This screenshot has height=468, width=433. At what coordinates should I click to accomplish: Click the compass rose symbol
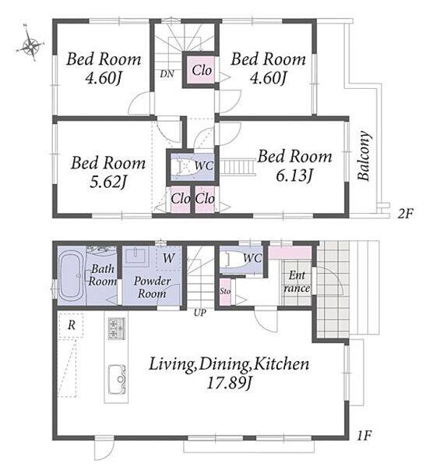30,46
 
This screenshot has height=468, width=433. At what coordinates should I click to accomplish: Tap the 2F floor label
406,214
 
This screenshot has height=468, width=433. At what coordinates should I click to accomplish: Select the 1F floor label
364,436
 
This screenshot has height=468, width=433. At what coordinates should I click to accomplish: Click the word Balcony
364,155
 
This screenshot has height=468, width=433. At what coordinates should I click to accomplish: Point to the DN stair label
167,74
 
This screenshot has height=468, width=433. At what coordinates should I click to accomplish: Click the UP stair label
199,313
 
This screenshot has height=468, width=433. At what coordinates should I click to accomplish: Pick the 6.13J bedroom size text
294,175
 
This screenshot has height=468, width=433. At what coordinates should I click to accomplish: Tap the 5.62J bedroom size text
108,182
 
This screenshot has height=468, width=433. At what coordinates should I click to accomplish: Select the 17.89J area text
229,382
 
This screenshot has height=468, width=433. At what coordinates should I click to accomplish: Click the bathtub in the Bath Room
71,277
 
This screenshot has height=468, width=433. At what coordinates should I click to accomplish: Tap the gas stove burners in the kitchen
117,328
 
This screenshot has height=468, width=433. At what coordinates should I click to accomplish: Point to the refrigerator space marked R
71,325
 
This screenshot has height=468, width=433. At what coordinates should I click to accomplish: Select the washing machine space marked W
168,258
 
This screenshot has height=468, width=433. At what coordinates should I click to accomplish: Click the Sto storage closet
225,291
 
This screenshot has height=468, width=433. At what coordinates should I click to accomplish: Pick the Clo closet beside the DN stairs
202,70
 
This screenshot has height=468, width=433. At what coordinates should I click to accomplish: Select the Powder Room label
152,287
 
